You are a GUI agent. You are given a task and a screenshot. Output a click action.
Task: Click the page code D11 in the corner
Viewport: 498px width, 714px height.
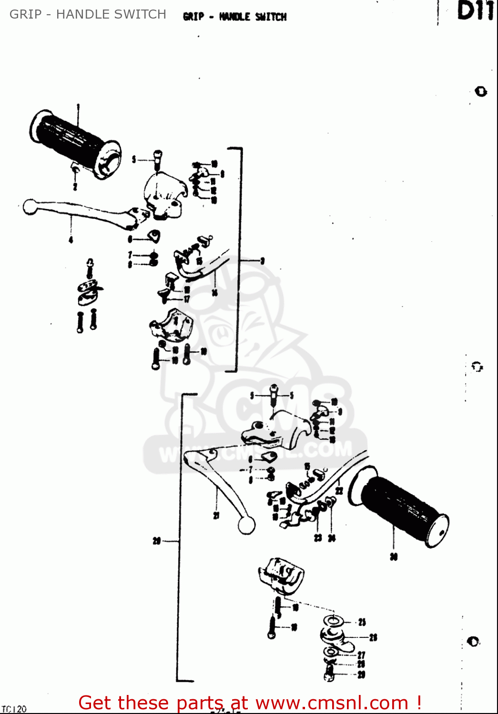click(475, 11)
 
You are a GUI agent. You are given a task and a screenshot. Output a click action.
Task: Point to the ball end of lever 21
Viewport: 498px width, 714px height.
click(246, 525)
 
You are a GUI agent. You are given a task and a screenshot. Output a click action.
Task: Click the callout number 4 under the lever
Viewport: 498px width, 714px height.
click(71, 240)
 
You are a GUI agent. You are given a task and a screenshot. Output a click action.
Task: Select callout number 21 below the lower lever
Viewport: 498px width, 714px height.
click(216, 516)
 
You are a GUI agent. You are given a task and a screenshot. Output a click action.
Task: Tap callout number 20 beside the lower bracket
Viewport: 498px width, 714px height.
click(156, 541)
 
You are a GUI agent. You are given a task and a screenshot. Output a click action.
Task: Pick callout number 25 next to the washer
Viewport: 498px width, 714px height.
click(362, 622)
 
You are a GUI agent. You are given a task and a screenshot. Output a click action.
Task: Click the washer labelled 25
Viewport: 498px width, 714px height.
click(333, 621)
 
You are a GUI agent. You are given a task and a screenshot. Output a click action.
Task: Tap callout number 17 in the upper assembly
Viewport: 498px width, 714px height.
click(187, 299)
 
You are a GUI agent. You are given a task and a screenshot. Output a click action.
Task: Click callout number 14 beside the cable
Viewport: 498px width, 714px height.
click(214, 292)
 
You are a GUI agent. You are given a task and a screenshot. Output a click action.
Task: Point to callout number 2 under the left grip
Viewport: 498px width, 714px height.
click(75, 186)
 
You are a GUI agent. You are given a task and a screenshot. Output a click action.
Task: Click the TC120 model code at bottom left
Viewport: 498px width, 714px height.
click(14, 709)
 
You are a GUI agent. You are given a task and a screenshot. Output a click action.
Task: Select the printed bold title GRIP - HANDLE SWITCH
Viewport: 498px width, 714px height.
click(234, 17)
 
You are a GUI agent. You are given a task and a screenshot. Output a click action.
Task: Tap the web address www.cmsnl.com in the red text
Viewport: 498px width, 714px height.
click(332, 703)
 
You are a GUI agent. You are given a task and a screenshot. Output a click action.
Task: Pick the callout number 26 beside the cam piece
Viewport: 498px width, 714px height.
click(373, 637)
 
